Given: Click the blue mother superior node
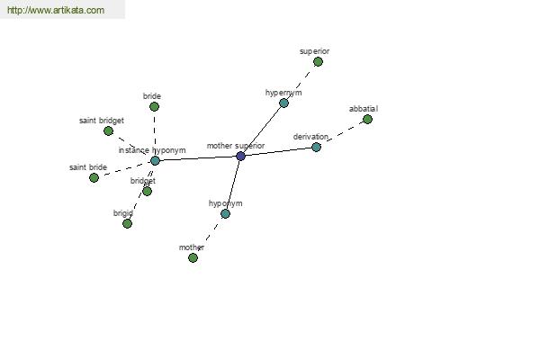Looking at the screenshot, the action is pos(240,156).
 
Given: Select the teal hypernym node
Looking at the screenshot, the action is pos(283,103).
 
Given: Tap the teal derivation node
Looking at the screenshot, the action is pos(316,147).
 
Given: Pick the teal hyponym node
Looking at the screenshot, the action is pos(225,213).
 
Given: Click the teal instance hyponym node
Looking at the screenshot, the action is pos(155,160).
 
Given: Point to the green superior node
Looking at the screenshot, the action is pos(318,62).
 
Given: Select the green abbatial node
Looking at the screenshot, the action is pos(367,119).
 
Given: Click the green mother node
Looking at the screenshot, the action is pos(193,257).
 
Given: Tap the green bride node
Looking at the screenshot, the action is pos(154,106).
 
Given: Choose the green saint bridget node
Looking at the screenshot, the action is pos(108,130).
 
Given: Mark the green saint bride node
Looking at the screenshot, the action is pos(94,178).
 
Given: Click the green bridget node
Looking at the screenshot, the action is pos(147,191).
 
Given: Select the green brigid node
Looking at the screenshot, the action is pos(127,223).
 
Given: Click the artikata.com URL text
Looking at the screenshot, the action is pos(56,10).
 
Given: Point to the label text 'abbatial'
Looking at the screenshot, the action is pos(364,109).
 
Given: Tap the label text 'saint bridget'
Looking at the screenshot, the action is pos(101,121).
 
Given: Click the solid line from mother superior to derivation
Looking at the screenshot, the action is pos(278,151).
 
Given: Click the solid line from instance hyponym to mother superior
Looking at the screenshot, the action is pos(198,158).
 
